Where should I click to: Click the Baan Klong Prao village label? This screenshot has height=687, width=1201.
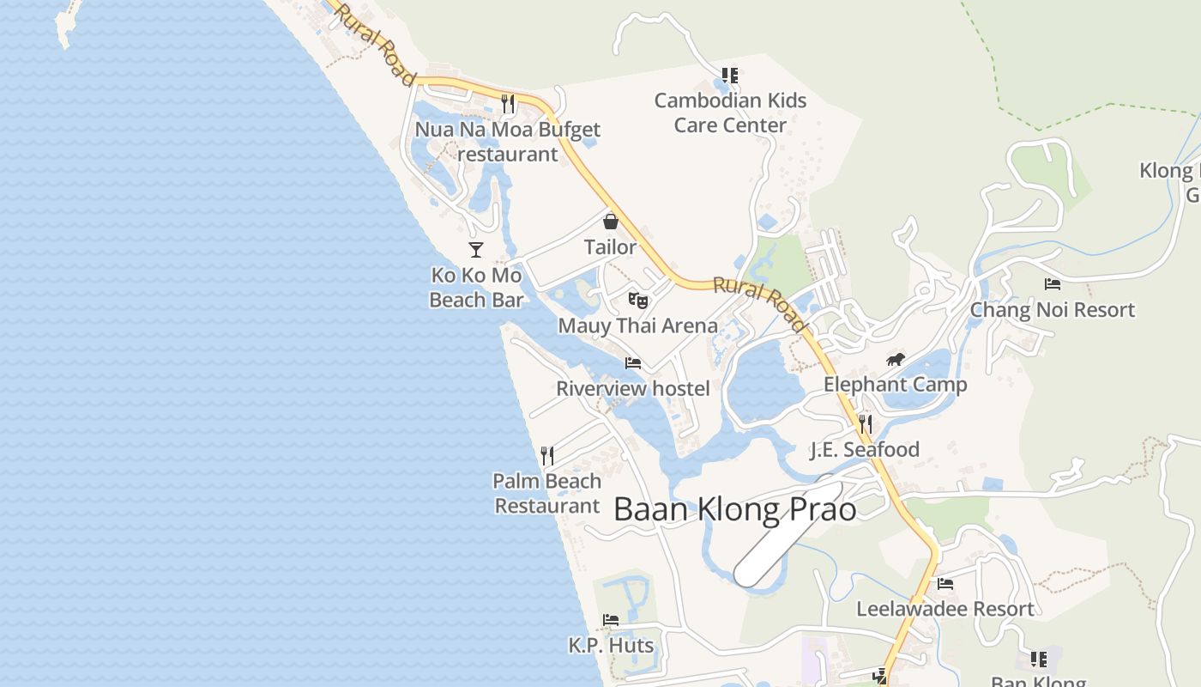(x=735, y=509)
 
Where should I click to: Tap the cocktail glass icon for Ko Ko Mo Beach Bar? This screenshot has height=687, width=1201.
(x=476, y=250)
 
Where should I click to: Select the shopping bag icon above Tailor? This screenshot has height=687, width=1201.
(x=611, y=222)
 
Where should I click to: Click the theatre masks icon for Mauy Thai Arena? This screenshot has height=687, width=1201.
(x=637, y=300)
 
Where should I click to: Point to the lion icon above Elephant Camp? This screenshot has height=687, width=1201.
(x=896, y=359)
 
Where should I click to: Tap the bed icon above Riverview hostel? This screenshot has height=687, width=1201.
(x=633, y=363)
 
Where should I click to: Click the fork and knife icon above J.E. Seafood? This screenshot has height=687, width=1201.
(x=865, y=423)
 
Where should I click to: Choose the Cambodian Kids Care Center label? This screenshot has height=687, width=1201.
(x=730, y=112)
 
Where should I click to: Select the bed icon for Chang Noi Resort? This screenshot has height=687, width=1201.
(x=1053, y=284)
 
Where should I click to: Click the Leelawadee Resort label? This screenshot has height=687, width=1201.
(x=945, y=609)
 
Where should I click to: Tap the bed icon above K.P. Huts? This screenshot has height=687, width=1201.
(x=611, y=619)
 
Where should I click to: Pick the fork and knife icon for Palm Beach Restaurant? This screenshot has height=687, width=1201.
(x=546, y=455)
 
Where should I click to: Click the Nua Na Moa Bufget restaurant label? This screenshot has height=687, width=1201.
(x=508, y=142)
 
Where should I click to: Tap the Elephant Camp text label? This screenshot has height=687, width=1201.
(x=895, y=385)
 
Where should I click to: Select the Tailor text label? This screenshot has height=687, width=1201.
(x=610, y=247)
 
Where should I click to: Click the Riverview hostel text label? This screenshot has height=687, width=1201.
(x=633, y=389)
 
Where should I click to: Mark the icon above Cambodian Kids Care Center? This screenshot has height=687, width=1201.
(x=729, y=76)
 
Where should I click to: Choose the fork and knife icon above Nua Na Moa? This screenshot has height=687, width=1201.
(x=508, y=104)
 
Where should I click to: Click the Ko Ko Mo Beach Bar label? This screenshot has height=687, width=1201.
(x=476, y=288)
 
